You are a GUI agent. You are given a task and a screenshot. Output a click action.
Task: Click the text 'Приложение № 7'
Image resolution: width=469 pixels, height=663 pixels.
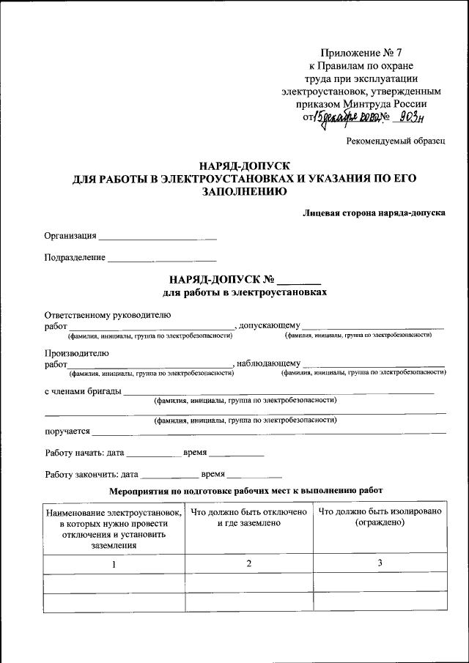(361, 52)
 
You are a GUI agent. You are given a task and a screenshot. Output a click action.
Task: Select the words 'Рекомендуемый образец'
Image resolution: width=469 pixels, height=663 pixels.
(396, 141)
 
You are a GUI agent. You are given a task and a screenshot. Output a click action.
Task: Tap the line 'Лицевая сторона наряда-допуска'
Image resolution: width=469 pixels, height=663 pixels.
(374, 213)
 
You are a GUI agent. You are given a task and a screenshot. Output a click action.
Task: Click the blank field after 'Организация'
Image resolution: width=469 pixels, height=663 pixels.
(158, 237)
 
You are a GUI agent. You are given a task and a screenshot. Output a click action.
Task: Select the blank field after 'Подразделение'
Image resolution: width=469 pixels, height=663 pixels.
(162, 259)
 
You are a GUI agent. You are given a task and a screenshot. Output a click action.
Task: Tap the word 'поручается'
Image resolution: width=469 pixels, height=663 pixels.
(67, 431)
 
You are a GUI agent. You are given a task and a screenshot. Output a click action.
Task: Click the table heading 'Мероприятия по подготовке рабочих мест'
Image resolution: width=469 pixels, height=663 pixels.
(245, 490)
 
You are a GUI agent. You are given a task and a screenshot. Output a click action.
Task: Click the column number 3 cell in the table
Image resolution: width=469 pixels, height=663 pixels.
(380, 563)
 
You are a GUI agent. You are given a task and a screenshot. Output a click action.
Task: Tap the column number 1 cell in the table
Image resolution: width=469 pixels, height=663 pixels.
(114, 564)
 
